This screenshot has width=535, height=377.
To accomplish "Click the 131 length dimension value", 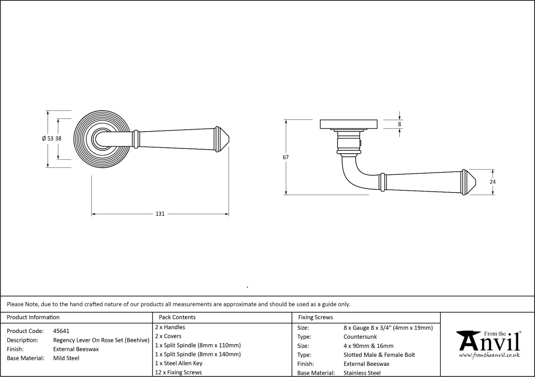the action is [x=160, y=213].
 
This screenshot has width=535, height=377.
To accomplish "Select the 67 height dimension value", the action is [x=286, y=157].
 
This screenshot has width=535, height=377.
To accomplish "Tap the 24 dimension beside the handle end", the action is [x=493, y=182].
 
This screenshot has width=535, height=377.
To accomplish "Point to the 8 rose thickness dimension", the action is [x=399, y=124].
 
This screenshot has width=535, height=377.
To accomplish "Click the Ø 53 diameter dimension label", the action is [x=48, y=139].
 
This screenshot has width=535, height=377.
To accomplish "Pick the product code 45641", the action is [x=61, y=331].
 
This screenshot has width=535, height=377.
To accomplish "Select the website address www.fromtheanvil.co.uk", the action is [x=489, y=355].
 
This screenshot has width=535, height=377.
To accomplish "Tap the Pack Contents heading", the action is [x=177, y=317].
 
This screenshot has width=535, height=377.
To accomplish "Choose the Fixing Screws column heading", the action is [x=315, y=317].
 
